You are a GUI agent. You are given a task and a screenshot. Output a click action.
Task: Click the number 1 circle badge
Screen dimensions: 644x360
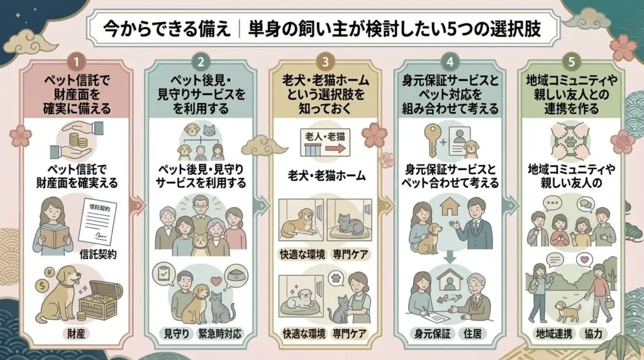[76, 62]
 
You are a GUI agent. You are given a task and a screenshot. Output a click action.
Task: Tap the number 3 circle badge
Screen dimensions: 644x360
[325, 62]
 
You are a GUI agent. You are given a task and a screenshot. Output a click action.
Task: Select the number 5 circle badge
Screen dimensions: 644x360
[571, 62]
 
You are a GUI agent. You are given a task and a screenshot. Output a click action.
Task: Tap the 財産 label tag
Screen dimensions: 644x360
[76, 334]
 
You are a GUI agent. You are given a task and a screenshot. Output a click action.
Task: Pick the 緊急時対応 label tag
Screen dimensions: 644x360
[219, 334]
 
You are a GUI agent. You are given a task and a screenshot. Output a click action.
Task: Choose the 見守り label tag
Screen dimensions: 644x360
[176, 334]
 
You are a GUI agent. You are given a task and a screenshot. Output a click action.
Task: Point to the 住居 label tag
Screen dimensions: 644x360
[472, 334]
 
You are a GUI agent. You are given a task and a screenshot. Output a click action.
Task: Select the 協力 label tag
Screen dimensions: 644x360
[594, 334]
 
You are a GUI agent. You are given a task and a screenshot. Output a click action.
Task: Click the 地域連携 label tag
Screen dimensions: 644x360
[553, 334]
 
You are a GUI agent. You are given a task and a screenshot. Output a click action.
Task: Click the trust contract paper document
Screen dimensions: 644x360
[97, 222]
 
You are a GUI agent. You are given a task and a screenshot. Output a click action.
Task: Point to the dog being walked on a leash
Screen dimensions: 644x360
[565, 311]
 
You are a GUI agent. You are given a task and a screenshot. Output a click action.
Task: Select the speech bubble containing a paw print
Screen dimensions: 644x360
[336, 279]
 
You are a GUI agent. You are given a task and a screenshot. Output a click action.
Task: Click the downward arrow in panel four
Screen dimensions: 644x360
[450, 256]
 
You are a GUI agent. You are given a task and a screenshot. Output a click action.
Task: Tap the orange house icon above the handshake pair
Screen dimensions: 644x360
[449, 206]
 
